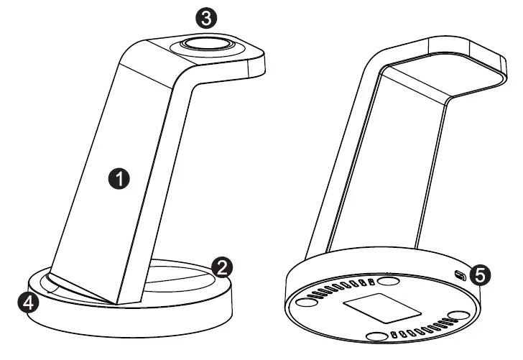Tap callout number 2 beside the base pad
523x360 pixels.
point(222,268)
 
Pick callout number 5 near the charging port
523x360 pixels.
point(480,274)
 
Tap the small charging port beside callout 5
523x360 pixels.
point(460,273)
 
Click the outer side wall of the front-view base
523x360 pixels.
point(129,320)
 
